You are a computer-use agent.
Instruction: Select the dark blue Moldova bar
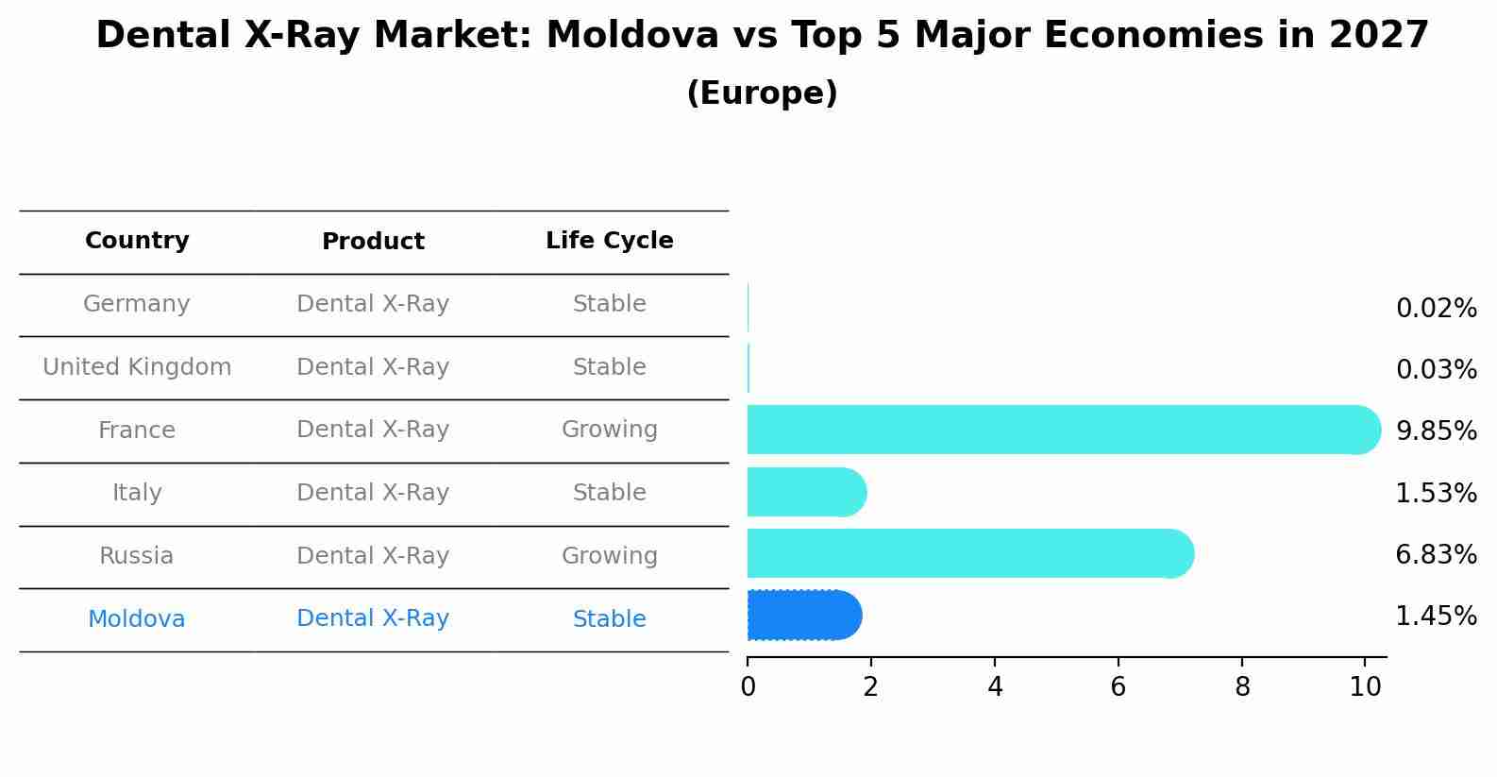[803, 616]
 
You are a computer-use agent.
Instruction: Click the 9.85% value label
[1436, 431]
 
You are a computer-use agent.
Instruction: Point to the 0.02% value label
[1436, 309]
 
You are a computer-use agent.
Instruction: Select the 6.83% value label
[1436, 554]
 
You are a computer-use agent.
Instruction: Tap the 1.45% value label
[1436, 617]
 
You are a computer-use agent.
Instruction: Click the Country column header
[137, 241]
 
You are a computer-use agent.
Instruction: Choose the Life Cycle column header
[609, 241]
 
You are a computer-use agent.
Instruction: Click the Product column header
[373, 242]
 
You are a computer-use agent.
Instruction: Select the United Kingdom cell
[137, 367]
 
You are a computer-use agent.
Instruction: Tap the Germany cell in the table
[137, 304]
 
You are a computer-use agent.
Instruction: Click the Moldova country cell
[137, 619]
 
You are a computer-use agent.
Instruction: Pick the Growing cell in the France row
[609, 430]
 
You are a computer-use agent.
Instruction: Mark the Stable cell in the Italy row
[609, 493]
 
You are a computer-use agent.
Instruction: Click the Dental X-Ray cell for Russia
[373, 556]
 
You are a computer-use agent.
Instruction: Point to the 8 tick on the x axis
[1242, 687]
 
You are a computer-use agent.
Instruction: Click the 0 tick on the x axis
[748, 687]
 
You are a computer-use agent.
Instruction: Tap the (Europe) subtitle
[762, 93]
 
